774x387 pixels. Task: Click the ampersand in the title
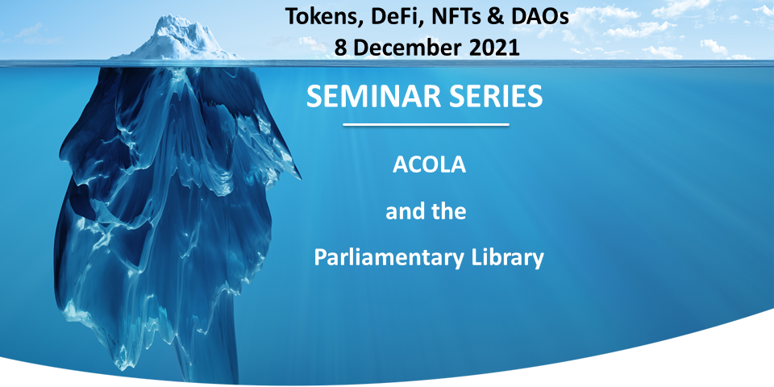point(499,16)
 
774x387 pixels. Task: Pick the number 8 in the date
point(342,46)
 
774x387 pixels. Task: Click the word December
point(409,46)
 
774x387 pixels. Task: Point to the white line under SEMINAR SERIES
point(426,125)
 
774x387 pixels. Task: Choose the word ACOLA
point(426,167)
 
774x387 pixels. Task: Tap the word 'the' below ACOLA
point(450,213)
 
